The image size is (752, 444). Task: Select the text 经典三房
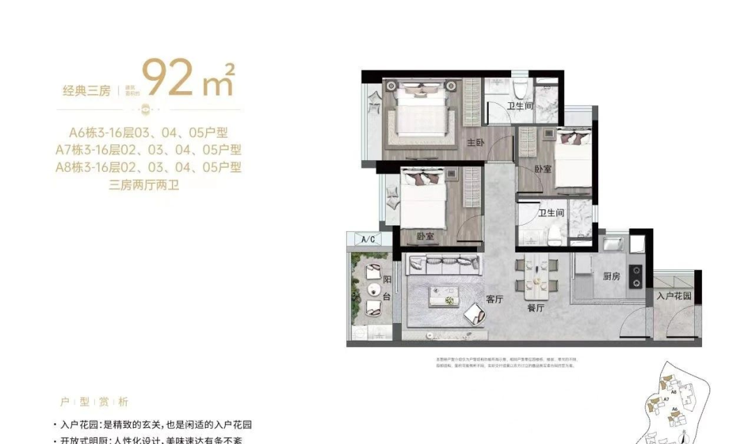pyautogui.click(x=86, y=90)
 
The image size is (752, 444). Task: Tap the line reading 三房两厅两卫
pyautogui.click(x=144, y=185)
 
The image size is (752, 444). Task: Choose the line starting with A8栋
pyautogui.click(x=148, y=167)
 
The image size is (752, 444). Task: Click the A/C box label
pyautogui.click(x=368, y=239)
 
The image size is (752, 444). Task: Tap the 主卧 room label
pyautogui.click(x=475, y=143)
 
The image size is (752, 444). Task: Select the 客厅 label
pyautogui.click(x=494, y=299)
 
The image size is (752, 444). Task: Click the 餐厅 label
pyautogui.click(x=535, y=308)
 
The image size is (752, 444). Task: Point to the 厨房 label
pyautogui.click(x=611, y=276)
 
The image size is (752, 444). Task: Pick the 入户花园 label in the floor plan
pyautogui.click(x=673, y=296)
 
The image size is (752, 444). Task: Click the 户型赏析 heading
pyautogui.click(x=94, y=402)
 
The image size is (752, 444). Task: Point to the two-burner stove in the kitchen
pyautogui.click(x=635, y=276)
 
